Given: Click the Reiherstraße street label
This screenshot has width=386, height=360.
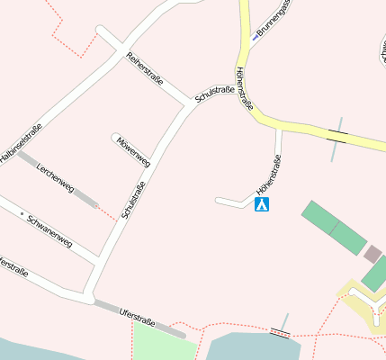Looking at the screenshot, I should (x=145, y=69).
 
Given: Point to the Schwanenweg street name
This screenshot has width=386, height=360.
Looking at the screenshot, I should (x=49, y=229).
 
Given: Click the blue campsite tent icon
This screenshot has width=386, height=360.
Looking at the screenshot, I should (x=262, y=205).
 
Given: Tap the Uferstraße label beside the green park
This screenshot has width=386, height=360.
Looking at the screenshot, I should (x=137, y=317).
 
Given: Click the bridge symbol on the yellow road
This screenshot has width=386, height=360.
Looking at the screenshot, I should (x=338, y=136).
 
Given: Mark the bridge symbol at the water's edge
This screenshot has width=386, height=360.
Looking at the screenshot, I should (x=281, y=332).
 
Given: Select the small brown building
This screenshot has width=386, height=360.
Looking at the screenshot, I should (x=373, y=254).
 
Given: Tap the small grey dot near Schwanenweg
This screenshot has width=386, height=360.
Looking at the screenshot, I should (x=22, y=213).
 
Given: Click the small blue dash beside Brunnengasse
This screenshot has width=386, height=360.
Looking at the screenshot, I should (x=256, y=37).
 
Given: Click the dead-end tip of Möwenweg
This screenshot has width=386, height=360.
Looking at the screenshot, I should (x=115, y=138).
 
